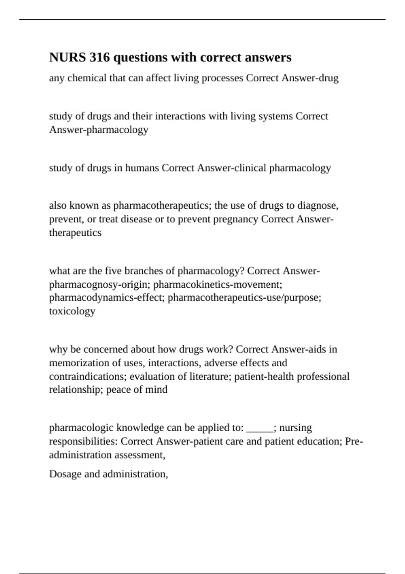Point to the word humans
[x=142, y=168]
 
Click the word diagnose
[x=318, y=205]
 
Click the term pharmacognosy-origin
[x=100, y=285]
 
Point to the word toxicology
[x=72, y=311]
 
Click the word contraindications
[x=88, y=376]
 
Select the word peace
[x=118, y=390]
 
